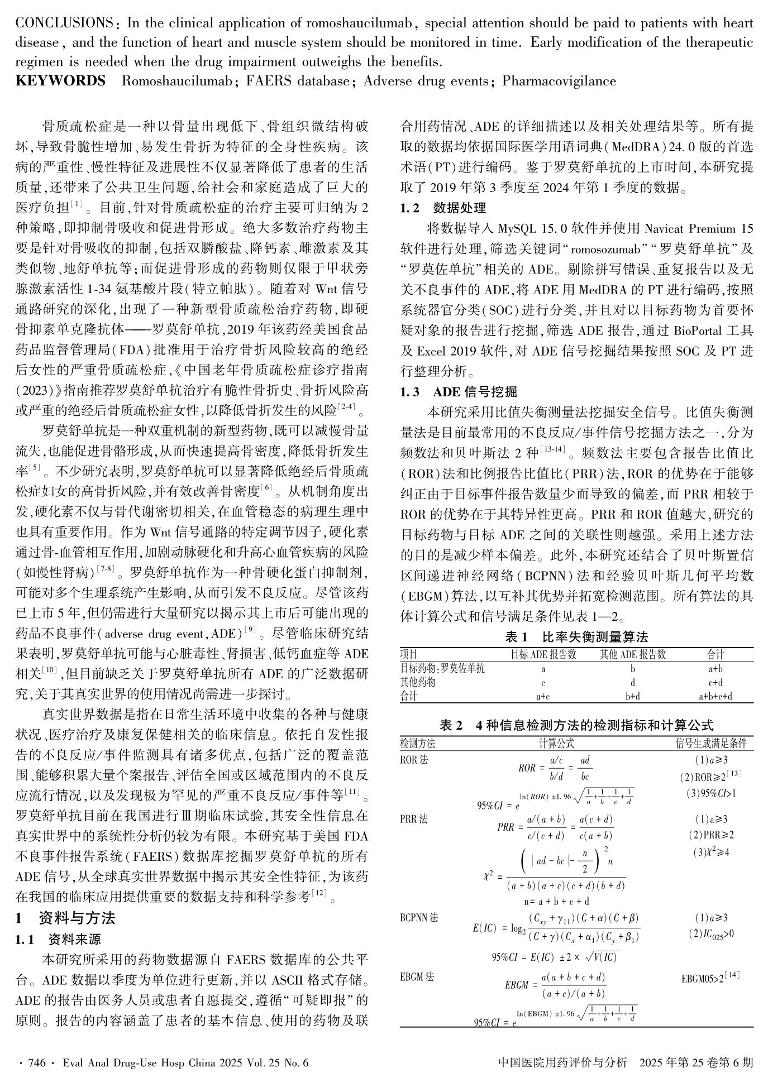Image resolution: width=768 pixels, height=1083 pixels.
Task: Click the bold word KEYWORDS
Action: [x=60, y=81]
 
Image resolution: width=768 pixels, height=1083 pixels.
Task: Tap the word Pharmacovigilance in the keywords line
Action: [x=559, y=81]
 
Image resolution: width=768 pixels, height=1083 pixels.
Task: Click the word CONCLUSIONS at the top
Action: [x=64, y=23]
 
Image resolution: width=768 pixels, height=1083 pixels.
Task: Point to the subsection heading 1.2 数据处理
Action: [x=443, y=208]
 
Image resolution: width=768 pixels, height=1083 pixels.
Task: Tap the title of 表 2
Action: [x=576, y=725]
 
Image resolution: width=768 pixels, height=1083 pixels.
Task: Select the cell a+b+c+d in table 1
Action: [x=715, y=696]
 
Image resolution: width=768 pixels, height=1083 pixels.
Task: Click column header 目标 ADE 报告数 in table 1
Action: [x=543, y=654]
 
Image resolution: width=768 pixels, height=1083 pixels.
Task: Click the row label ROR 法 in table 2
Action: [x=413, y=760]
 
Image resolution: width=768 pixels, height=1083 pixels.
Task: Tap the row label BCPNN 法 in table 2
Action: [x=419, y=918]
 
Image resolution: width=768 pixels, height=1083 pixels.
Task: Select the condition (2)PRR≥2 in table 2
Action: [x=711, y=835]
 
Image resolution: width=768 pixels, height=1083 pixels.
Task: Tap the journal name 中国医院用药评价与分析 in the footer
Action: [x=562, y=1062]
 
